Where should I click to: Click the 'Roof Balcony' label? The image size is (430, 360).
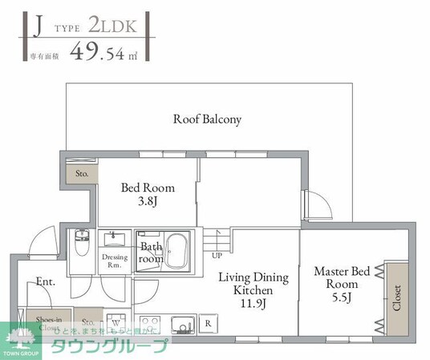(x=207, y=119)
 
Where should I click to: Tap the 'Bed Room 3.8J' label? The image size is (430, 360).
(x=148, y=196)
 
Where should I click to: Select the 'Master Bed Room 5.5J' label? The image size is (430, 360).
(x=341, y=283)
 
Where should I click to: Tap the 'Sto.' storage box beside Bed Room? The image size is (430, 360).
(x=81, y=172)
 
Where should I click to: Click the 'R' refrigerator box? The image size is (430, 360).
(x=208, y=324)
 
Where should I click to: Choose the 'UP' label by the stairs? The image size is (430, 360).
(x=217, y=256)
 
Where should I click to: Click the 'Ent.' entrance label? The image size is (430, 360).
(x=45, y=281)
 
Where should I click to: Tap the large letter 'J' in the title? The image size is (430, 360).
(x=36, y=26)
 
